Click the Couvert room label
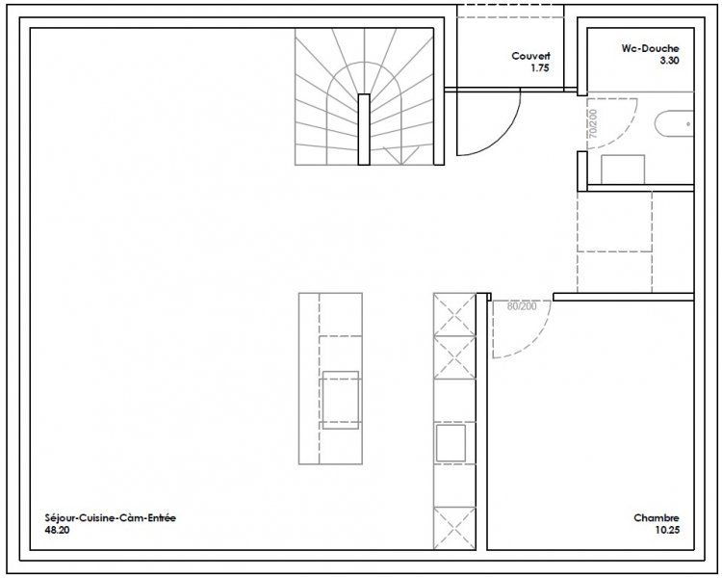coord(530,56)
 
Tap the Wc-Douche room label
coord(650,48)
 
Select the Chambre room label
coord(657,517)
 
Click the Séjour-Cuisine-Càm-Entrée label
coord(111,517)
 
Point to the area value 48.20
coord(57,530)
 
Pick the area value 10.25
coord(667,530)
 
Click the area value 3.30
coord(669,61)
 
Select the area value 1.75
coord(540,68)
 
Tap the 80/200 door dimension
coord(522,306)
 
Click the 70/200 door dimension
coord(593,123)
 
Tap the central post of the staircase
coord(364,129)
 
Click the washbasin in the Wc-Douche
coord(675,124)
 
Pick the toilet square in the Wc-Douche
coord(623,170)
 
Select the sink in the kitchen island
coord(341,400)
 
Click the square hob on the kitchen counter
coord(451,443)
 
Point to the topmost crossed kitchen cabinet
coord(454,314)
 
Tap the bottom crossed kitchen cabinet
coord(454,528)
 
